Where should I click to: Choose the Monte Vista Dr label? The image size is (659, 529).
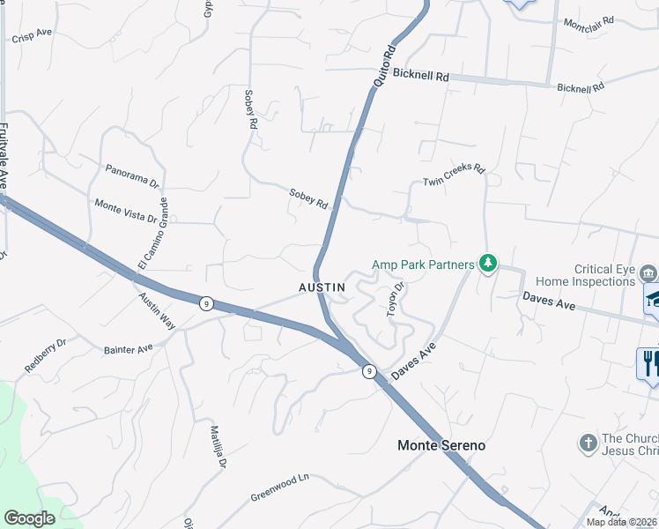click(x=125, y=211)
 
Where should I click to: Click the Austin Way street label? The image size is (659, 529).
click(x=157, y=310)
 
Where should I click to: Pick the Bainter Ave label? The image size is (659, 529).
click(x=128, y=350)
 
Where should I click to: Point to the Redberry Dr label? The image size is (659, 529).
click(x=46, y=355)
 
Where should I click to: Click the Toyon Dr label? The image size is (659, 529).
click(x=394, y=298)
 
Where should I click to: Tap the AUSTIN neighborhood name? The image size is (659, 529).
click(x=322, y=287)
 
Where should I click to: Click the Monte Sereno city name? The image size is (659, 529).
click(x=441, y=446)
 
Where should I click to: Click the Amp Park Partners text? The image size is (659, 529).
click(x=423, y=263)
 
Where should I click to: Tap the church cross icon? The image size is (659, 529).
click(x=589, y=443)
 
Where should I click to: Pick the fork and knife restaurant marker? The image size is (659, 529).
click(x=649, y=361)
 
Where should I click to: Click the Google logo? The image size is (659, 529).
click(x=30, y=518)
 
